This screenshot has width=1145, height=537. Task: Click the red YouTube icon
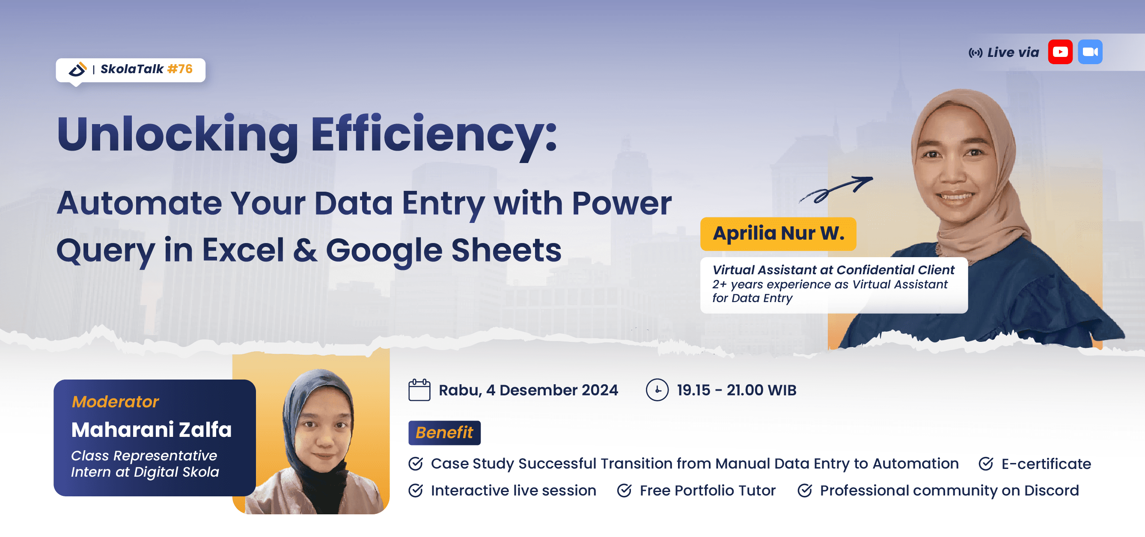coord(1060,52)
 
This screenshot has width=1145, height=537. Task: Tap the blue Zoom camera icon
coord(1090,52)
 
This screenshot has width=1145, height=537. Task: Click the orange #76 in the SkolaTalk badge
coord(180,69)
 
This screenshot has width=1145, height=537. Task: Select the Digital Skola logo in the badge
coord(77,69)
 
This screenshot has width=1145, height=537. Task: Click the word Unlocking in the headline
coord(177,134)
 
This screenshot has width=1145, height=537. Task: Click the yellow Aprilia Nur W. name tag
coord(778,234)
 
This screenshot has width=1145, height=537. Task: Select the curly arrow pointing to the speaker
coord(836,189)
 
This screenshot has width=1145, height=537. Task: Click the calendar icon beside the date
coord(419,390)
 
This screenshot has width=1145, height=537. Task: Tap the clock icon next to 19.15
coord(657,390)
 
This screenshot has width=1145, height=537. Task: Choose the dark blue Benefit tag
coord(444,433)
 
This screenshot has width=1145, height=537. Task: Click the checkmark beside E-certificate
coord(986,464)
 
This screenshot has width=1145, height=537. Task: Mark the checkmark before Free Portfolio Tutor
coord(624,490)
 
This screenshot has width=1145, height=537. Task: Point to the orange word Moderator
coord(115,401)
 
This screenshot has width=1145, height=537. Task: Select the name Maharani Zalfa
coord(152,430)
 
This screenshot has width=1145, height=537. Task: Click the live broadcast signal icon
coord(975,53)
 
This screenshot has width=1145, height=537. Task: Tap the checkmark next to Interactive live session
coord(416,490)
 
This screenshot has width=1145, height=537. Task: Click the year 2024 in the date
coord(600,390)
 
